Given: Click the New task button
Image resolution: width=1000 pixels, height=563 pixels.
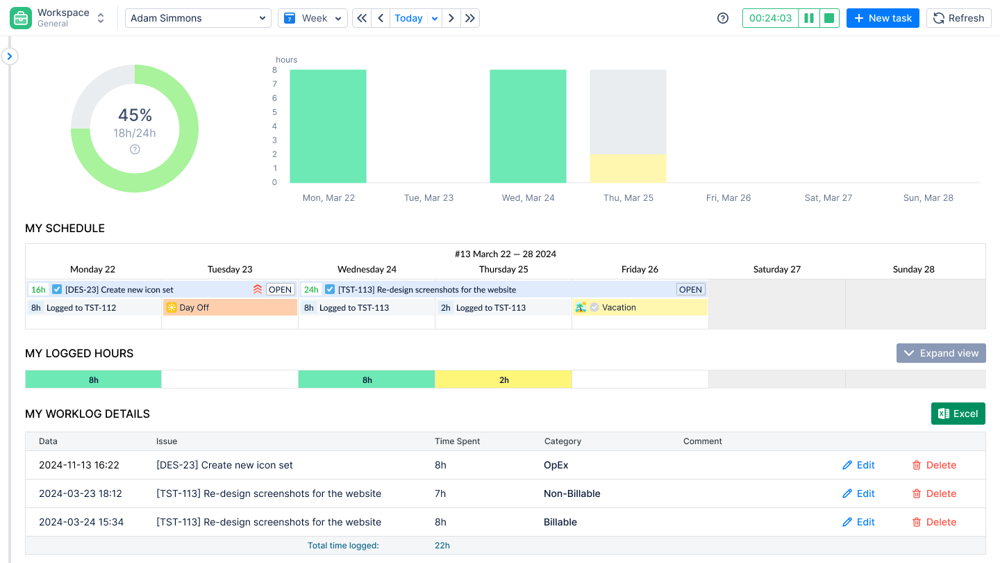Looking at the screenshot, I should pos(883,18).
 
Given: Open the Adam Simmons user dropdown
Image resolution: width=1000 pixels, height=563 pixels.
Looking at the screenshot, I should pos(198,18).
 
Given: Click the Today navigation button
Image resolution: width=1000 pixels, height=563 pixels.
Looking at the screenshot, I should pos(408,18).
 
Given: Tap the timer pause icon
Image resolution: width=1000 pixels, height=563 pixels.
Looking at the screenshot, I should pos(809,18).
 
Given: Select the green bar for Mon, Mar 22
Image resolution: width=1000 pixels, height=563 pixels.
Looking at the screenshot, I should pos(328,126).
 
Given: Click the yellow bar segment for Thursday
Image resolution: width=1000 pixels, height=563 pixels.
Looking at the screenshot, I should pos(628,168).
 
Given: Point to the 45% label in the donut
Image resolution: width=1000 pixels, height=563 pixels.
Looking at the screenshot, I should pos(135,115).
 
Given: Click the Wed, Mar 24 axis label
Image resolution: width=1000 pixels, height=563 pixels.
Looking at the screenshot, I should pos(528,198).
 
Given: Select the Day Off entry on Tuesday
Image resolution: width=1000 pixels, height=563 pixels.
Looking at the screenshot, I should pos(230,307).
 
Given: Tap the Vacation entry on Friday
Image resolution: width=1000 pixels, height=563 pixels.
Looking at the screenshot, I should pos(640,307).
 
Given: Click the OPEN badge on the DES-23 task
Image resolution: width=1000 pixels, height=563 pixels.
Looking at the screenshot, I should pos(281,289).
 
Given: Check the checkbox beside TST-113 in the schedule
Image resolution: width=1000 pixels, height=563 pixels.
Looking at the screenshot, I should pos(330,289).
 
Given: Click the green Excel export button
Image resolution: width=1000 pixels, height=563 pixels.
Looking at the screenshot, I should pos(958,414).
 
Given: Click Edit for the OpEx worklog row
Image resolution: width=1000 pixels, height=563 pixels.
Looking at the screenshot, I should pos(858,465).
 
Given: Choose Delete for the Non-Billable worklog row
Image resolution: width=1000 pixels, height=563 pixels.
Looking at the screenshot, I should pos(934,493).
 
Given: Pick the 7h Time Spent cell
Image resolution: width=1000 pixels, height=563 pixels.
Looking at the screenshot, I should pos(440,493).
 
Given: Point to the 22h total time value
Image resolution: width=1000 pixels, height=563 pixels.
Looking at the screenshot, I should pos(442,546).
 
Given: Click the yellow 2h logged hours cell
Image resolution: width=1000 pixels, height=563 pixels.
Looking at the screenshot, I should pos(503,380).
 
